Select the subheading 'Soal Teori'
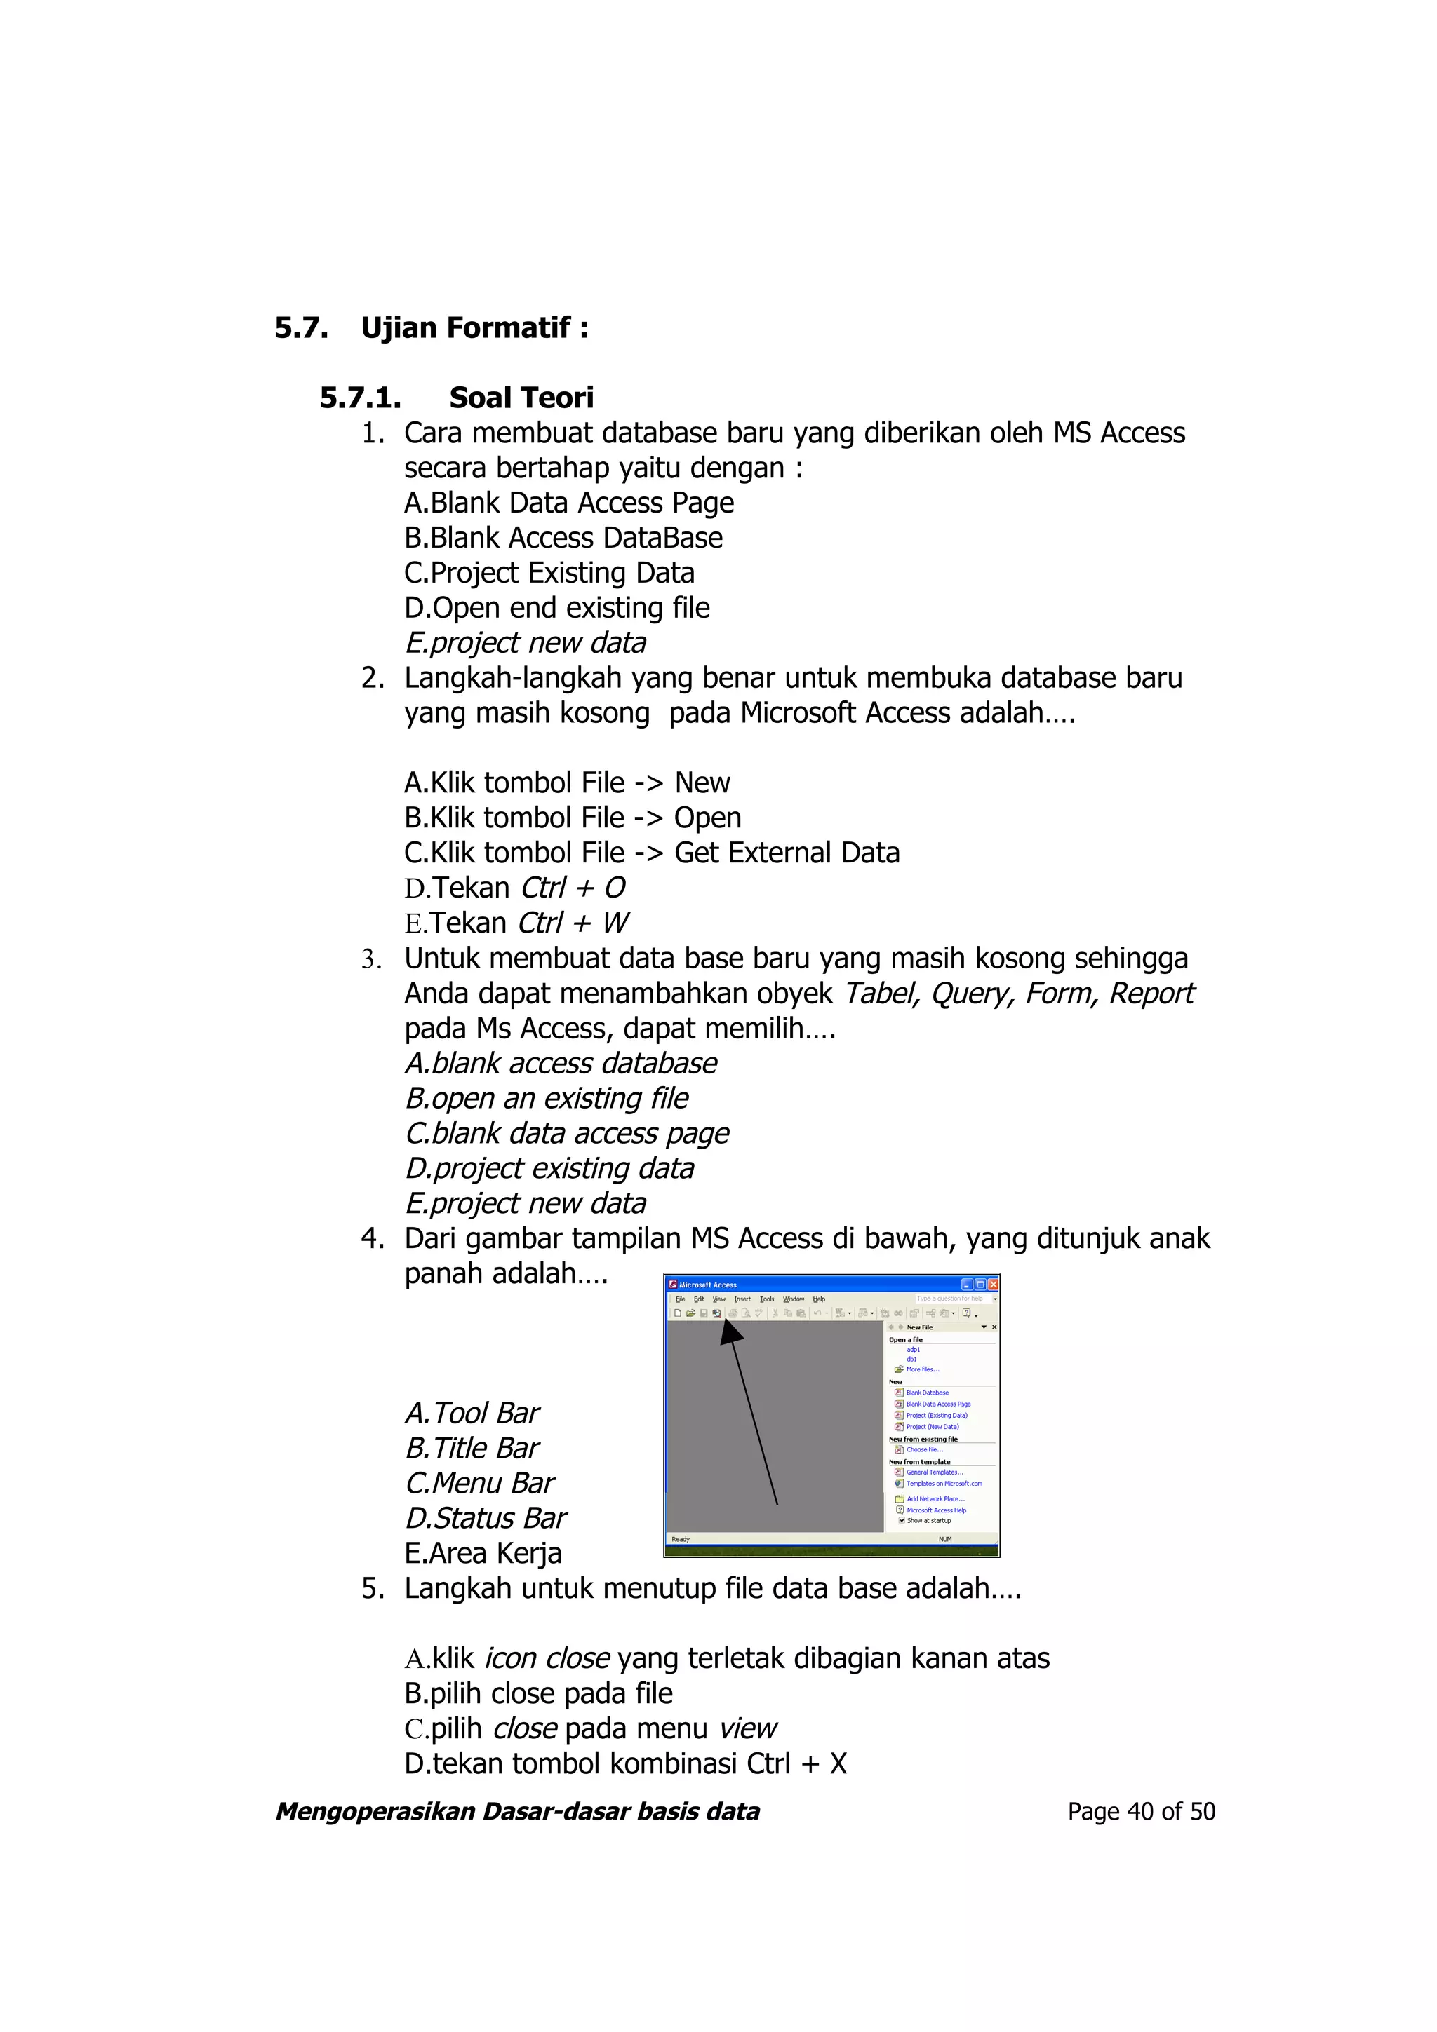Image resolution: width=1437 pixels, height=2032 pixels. click(521, 398)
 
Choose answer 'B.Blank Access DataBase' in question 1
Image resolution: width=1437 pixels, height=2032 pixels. click(563, 538)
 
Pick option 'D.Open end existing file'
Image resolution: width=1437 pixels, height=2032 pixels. click(557, 608)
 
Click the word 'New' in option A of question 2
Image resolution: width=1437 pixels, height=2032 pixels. click(702, 783)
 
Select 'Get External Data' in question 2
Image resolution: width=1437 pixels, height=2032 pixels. click(787, 853)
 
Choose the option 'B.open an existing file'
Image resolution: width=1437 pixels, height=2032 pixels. click(547, 1098)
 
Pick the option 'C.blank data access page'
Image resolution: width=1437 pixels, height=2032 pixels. click(567, 1134)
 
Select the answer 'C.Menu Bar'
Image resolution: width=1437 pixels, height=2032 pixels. click(479, 1483)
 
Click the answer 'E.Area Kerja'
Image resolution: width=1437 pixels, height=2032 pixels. click(483, 1553)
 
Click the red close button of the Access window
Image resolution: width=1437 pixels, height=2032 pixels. click(994, 1284)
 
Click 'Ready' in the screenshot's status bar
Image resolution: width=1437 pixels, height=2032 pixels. click(680, 1539)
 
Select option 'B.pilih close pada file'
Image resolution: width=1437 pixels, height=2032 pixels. click(538, 1694)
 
